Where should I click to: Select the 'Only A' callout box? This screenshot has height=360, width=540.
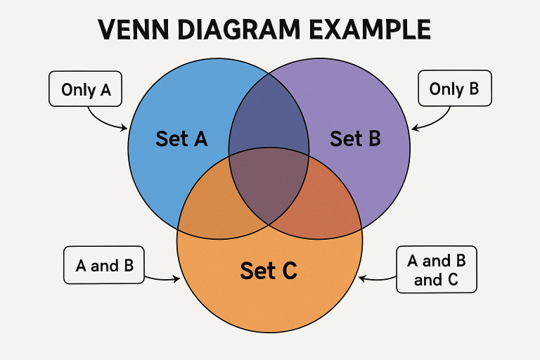click(86, 90)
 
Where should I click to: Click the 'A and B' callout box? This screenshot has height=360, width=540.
click(103, 265)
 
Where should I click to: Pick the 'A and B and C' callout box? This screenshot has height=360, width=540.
click(436, 269)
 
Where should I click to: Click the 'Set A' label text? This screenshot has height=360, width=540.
click(181, 139)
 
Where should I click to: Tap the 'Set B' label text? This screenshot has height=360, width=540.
click(355, 139)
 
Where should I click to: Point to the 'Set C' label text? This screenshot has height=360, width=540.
click(268, 270)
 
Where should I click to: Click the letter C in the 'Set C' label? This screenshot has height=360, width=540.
click(288, 270)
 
